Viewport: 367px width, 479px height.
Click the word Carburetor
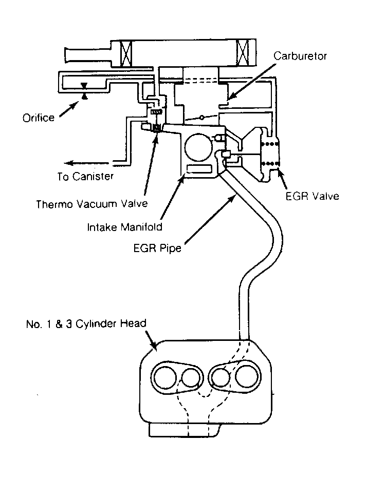[x=300, y=55]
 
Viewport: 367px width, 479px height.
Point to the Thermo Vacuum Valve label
[x=92, y=203]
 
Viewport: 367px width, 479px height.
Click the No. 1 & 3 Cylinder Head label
[x=86, y=323]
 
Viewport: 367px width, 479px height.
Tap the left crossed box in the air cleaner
[x=126, y=52]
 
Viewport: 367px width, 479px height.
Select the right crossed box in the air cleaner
[x=244, y=52]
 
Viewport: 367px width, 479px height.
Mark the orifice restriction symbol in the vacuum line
[x=84, y=90]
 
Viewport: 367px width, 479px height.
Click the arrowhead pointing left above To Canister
[x=61, y=160]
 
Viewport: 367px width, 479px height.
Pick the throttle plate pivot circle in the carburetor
[x=202, y=118]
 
